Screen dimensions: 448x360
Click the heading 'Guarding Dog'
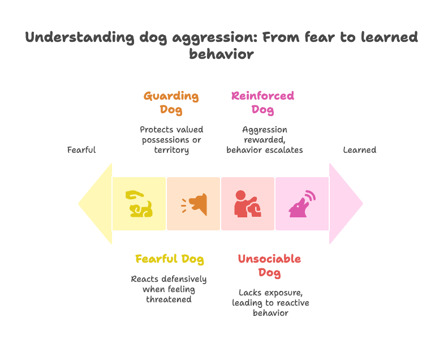pos(171,103)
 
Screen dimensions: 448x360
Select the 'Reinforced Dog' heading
pos(262,103)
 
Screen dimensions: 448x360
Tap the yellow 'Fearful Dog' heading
pos(170,259)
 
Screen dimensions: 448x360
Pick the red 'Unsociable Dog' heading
pos(269,265)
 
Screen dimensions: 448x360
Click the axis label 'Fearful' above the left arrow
pos(81,150)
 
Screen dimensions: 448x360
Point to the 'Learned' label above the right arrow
pos(359,150)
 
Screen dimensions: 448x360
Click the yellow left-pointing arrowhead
pos(95,204)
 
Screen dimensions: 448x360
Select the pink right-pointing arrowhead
pos(346,204)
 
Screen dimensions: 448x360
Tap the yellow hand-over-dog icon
pos(139,204)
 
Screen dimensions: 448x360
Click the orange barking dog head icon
pos(194,204)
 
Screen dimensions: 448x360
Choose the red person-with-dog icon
pos(247,204)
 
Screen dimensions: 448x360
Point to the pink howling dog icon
pos(302,204)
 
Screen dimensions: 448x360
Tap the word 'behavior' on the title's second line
pos(221,54)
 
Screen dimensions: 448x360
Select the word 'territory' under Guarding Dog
pos(171,150)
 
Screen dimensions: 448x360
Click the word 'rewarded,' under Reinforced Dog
pos(265,140)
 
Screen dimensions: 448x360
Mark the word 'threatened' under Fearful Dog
pos(169,299)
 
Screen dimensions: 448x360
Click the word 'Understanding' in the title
pos(80,38)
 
